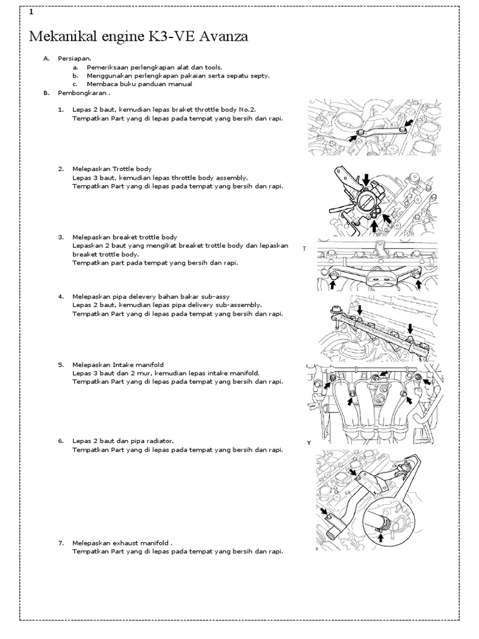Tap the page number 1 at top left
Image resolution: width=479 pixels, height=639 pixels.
(x=31, y=12)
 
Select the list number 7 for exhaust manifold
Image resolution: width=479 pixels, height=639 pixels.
(x=61, y=543)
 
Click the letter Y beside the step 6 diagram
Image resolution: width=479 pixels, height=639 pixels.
(x=308, y=442)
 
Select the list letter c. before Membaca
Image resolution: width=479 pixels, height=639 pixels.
(x=74, y=84)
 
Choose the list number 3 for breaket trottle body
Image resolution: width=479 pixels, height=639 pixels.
(x=61, y=237)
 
